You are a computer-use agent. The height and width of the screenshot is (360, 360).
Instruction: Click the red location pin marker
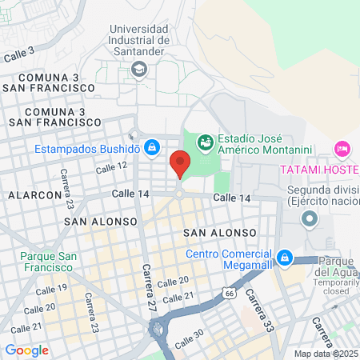[179, 164]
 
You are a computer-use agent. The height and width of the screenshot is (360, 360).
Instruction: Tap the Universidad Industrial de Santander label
[140, 40]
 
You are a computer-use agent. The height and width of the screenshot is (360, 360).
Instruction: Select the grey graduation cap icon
[140, 70]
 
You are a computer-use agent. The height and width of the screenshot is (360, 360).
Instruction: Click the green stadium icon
[204, 142]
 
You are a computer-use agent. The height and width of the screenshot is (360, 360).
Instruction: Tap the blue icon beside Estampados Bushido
[150, 147]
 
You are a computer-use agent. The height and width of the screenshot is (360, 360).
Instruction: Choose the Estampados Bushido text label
[87, 149]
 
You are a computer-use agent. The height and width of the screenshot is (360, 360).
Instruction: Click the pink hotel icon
[342, 149]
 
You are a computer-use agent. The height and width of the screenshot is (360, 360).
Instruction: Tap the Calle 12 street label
[111, 166]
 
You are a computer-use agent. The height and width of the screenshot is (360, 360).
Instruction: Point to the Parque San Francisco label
[49, 262]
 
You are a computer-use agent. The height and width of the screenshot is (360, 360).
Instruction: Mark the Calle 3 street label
[20, 54]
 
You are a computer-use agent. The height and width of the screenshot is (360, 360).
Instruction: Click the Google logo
[26, 350]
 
